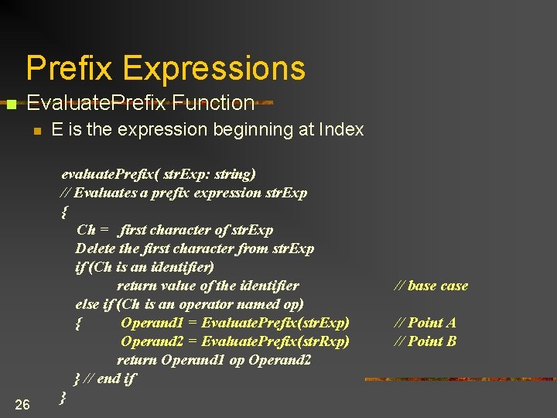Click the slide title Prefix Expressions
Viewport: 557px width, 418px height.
pos(166,68)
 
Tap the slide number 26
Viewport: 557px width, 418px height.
pos(22,404)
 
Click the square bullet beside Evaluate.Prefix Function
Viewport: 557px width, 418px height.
pos(11,104)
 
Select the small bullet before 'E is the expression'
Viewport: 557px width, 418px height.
pos(36,131)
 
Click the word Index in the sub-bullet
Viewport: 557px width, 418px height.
pos(341,130)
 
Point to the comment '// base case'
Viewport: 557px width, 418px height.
pos(431,286)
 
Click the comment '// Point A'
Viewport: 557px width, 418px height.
pos(425,323)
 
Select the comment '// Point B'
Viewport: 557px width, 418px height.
pos(425,341)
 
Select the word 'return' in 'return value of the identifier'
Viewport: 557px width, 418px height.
pos(137,286)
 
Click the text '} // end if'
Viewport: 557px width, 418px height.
pos(104,379)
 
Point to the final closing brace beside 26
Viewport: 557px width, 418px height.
pos(63,397)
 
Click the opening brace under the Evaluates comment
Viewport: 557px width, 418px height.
pos(63,211)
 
